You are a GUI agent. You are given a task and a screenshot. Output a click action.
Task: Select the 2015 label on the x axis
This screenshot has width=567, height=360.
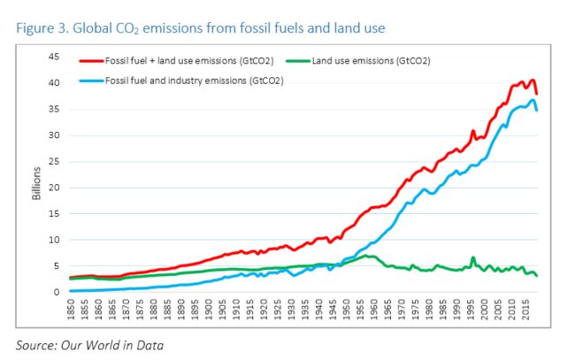point(526,310)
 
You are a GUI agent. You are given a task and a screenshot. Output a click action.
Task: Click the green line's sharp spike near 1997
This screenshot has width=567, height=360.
point(473,258)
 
